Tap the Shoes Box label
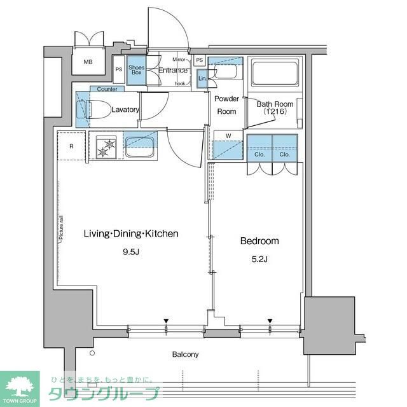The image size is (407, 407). coord(136,70)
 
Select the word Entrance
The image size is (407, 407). coord(172,71)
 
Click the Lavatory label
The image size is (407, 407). coord(125,109)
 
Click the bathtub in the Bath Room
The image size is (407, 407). coord(274,73)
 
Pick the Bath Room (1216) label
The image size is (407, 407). coord(275,107)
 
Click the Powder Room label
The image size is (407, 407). coord(226,105)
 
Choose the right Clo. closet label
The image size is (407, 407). coord(284,154)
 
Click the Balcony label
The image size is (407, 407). coord(185,354)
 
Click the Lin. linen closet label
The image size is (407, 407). coord(202,78)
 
